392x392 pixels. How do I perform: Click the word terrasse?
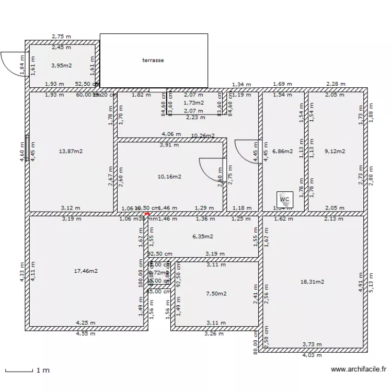pyautogui.click(x=153, y=60)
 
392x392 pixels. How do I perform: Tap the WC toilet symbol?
pyautogui.click(x=285, y=200)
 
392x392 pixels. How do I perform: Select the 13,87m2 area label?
pyautogui.click(x=71, y=152)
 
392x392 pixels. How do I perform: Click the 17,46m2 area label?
pyautogui.click(x=86, y=271)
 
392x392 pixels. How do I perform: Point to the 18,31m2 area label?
pyautogui.click(x=312, y=282)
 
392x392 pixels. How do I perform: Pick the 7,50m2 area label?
pyautogui.click(x=216, y=294)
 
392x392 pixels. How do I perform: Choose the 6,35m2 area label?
pyautogui.click(x=203, y=236)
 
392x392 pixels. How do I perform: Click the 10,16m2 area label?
pyautogui.click(x=169, y=177)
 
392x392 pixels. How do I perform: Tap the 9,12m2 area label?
pyautogui.click(x=335, y=152)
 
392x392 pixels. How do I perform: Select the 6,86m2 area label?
pyautogui.click(x=282, y=152)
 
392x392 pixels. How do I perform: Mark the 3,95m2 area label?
pyautogui.click(x=61, y=66)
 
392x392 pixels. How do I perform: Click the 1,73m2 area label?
pyautogui.click(x=193, y=103)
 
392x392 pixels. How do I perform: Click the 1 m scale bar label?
pyautogui.click(x=42, y=371)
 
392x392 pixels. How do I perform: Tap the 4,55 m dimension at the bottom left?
pyautogui.click(x=86, y=333)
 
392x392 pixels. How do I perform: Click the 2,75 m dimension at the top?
pyautogui.click(x=61, y=37)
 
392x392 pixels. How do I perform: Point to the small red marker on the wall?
pyautogui.click(x=147, y=213)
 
